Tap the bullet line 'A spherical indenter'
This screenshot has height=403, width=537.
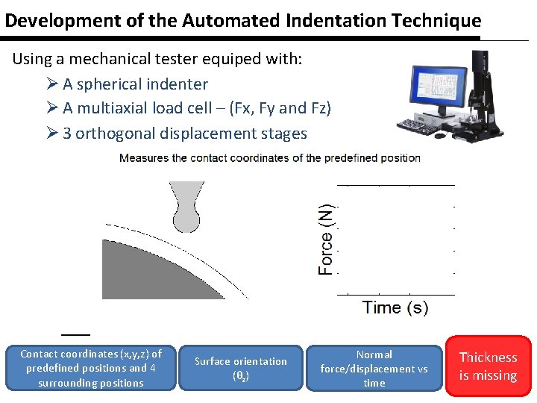click(134, 84)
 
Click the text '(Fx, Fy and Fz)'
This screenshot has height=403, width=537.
click(280, 108)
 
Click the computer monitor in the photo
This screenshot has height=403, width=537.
click(427, 88)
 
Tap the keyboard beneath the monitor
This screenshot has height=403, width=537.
click(421, 125)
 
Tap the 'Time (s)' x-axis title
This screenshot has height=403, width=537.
click(395, 307)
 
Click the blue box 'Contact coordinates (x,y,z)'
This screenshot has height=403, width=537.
click(90, 368)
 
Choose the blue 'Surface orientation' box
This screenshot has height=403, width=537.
click(241, 368)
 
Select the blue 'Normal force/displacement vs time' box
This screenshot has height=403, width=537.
click(374, 368)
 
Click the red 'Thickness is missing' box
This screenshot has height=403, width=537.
click(488, 366)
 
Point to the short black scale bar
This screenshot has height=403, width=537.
click(75, 333)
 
